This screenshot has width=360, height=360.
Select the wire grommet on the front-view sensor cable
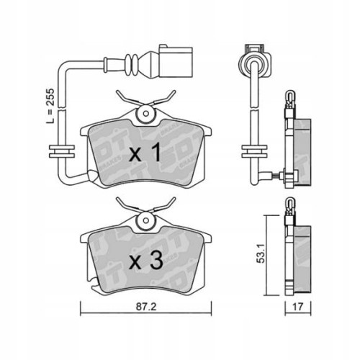[x=60, y=152]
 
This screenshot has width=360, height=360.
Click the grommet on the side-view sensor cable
[x=253, y=151]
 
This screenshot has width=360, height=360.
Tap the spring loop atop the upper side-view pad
[x=289, y=97]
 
